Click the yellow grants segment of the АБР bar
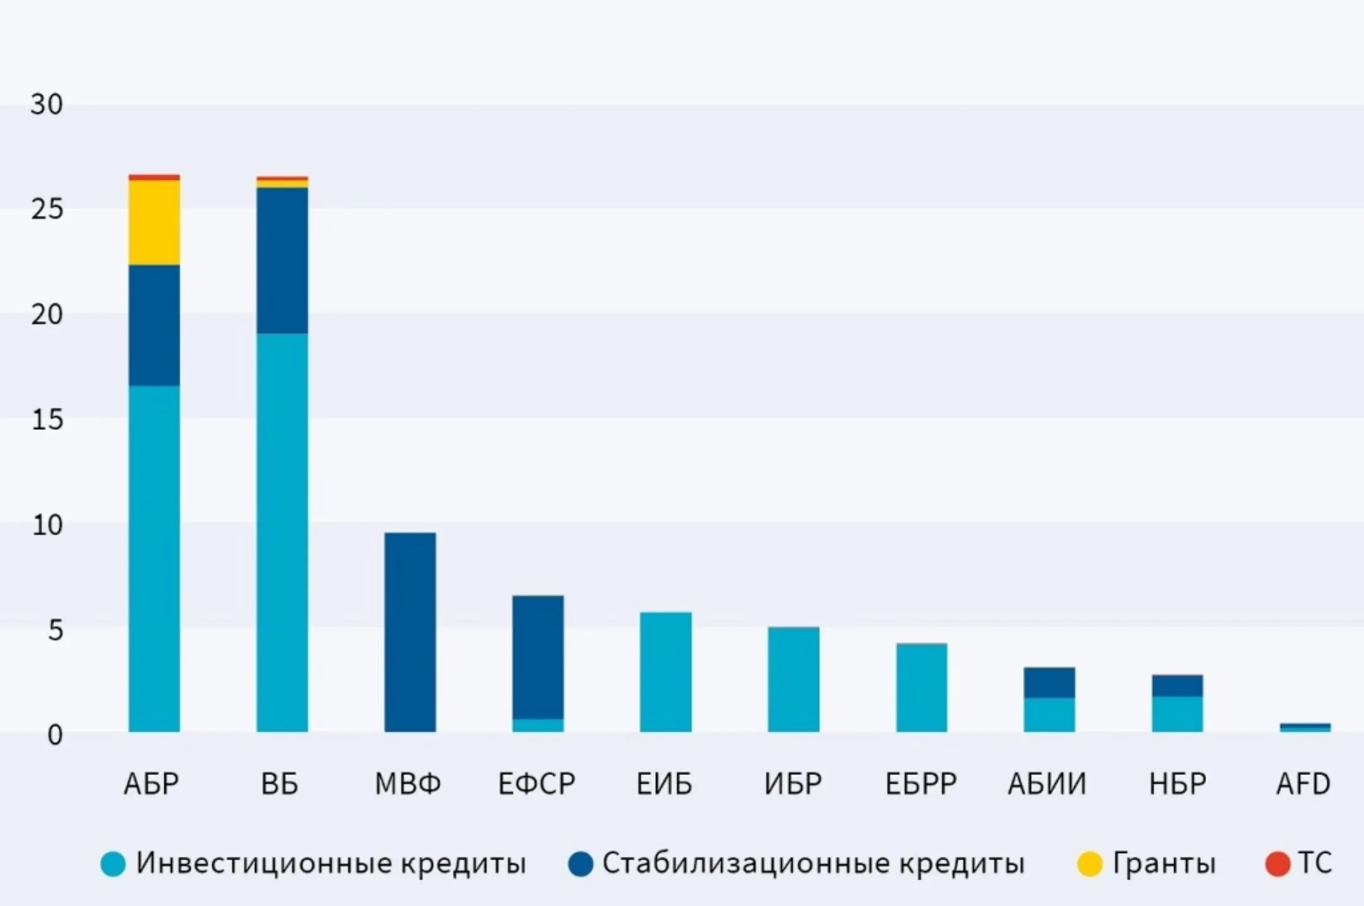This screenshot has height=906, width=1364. (154, 222)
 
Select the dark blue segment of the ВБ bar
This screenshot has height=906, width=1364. (282, 260)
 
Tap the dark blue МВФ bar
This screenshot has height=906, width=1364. (410, 632)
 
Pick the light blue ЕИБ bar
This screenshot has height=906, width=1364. (666, 672)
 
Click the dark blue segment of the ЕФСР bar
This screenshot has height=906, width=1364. (538, 657)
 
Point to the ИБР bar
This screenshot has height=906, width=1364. (794, 680)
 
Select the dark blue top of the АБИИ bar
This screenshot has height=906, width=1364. (1049, 683)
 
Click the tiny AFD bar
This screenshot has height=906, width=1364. (1305, 728)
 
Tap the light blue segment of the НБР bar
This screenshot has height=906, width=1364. (1177, 714)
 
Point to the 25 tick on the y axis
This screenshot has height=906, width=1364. (47, 210)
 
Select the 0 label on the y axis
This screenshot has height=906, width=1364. (55, 735)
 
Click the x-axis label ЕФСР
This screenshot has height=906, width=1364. (537, 784)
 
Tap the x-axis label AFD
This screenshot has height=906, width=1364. (1303, 784)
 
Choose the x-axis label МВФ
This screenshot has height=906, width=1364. (408, 784)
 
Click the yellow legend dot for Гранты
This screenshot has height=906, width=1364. (1089, 864)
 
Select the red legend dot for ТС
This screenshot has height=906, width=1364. (1277, 864)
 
